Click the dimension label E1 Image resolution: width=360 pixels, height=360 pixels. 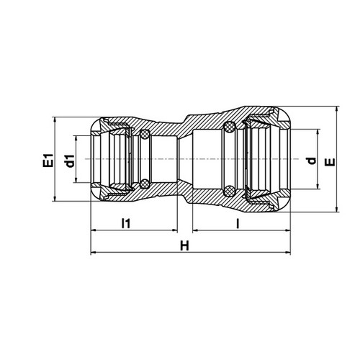pyautogui.click(x=48, y=160)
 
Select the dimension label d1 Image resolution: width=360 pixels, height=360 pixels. pyautogui.click(x=69, y=161)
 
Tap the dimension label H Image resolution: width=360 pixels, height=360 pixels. pyautogui.click(x=184, y=246)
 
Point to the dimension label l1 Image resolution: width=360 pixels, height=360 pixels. pyautogui.click(x=126, y=223)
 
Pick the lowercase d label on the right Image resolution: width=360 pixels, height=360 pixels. pyautogui.click(x=312, y=161)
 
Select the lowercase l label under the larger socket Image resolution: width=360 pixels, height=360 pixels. pyautogui.click(x=238, y=223)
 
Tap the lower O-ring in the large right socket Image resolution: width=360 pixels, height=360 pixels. pyautogui.click(x=229, y=191)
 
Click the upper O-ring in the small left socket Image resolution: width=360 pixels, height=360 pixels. pyautogui.click(x=145, y=135)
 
